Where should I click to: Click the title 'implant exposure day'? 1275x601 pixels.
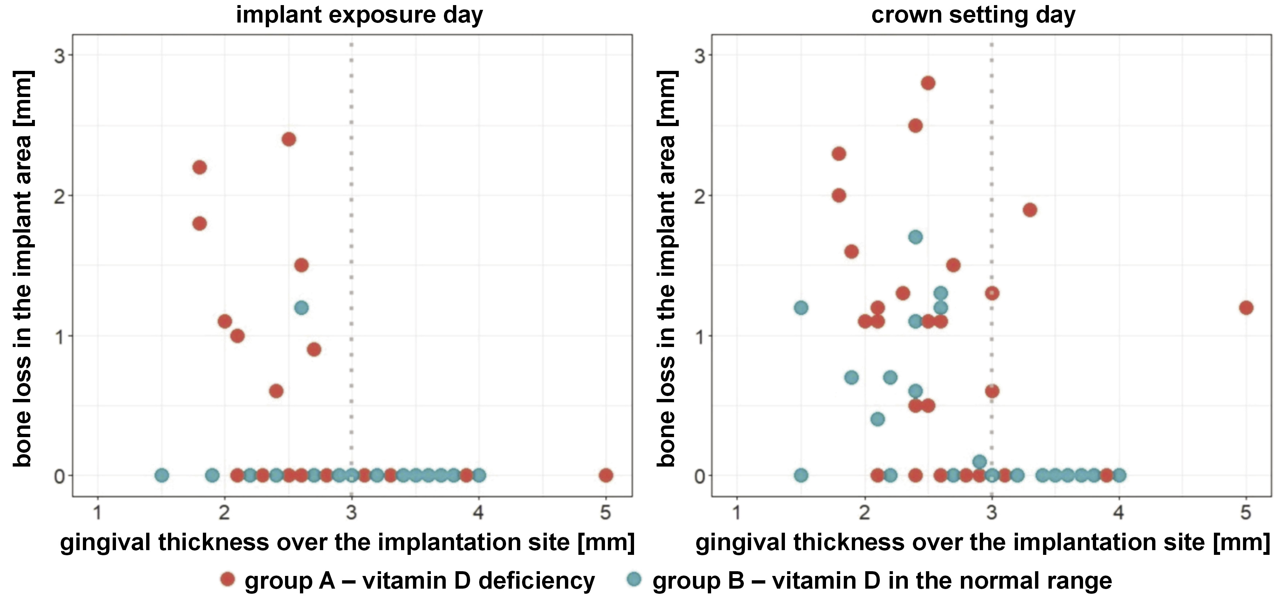359,15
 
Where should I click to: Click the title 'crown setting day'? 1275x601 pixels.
973,15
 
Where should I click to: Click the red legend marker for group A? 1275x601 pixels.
228,579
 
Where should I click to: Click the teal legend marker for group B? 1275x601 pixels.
634,579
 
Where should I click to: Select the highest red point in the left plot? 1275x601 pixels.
289,140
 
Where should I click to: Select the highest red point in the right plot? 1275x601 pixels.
928,83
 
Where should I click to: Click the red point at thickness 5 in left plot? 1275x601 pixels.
606,475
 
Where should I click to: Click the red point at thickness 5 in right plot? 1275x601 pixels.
1246,308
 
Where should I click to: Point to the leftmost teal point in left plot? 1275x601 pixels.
162,475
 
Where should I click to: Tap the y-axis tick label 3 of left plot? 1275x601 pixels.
59,56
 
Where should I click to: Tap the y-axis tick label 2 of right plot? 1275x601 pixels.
699,196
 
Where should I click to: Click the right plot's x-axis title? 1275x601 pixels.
982,542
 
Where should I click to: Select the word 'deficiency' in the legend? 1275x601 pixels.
537,581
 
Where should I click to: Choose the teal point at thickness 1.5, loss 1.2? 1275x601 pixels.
801,308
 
